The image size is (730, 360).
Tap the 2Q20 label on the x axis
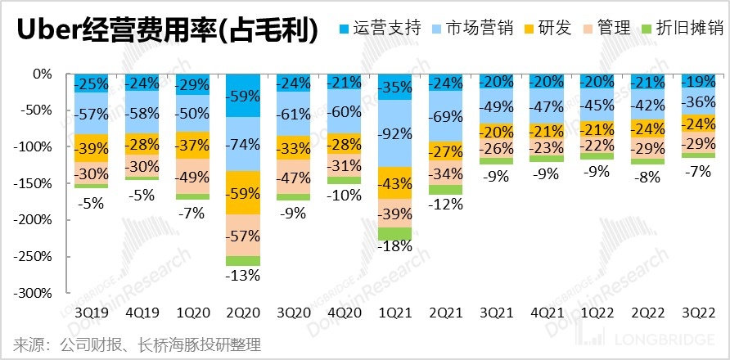coord(243,313)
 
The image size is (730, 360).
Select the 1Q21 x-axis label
coord(395,313)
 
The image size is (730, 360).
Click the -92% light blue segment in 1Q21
coord(395,133)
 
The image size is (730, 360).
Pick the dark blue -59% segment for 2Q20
coord(243,95)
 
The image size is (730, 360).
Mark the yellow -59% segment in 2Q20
coord(243,192)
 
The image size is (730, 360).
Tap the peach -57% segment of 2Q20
coord(243,236)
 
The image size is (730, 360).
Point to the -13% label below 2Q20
coord(243,275)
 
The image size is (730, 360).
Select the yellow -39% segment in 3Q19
coord(91,147)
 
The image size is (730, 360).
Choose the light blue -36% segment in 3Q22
coord(699,101)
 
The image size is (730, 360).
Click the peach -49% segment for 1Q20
coord(192,177)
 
